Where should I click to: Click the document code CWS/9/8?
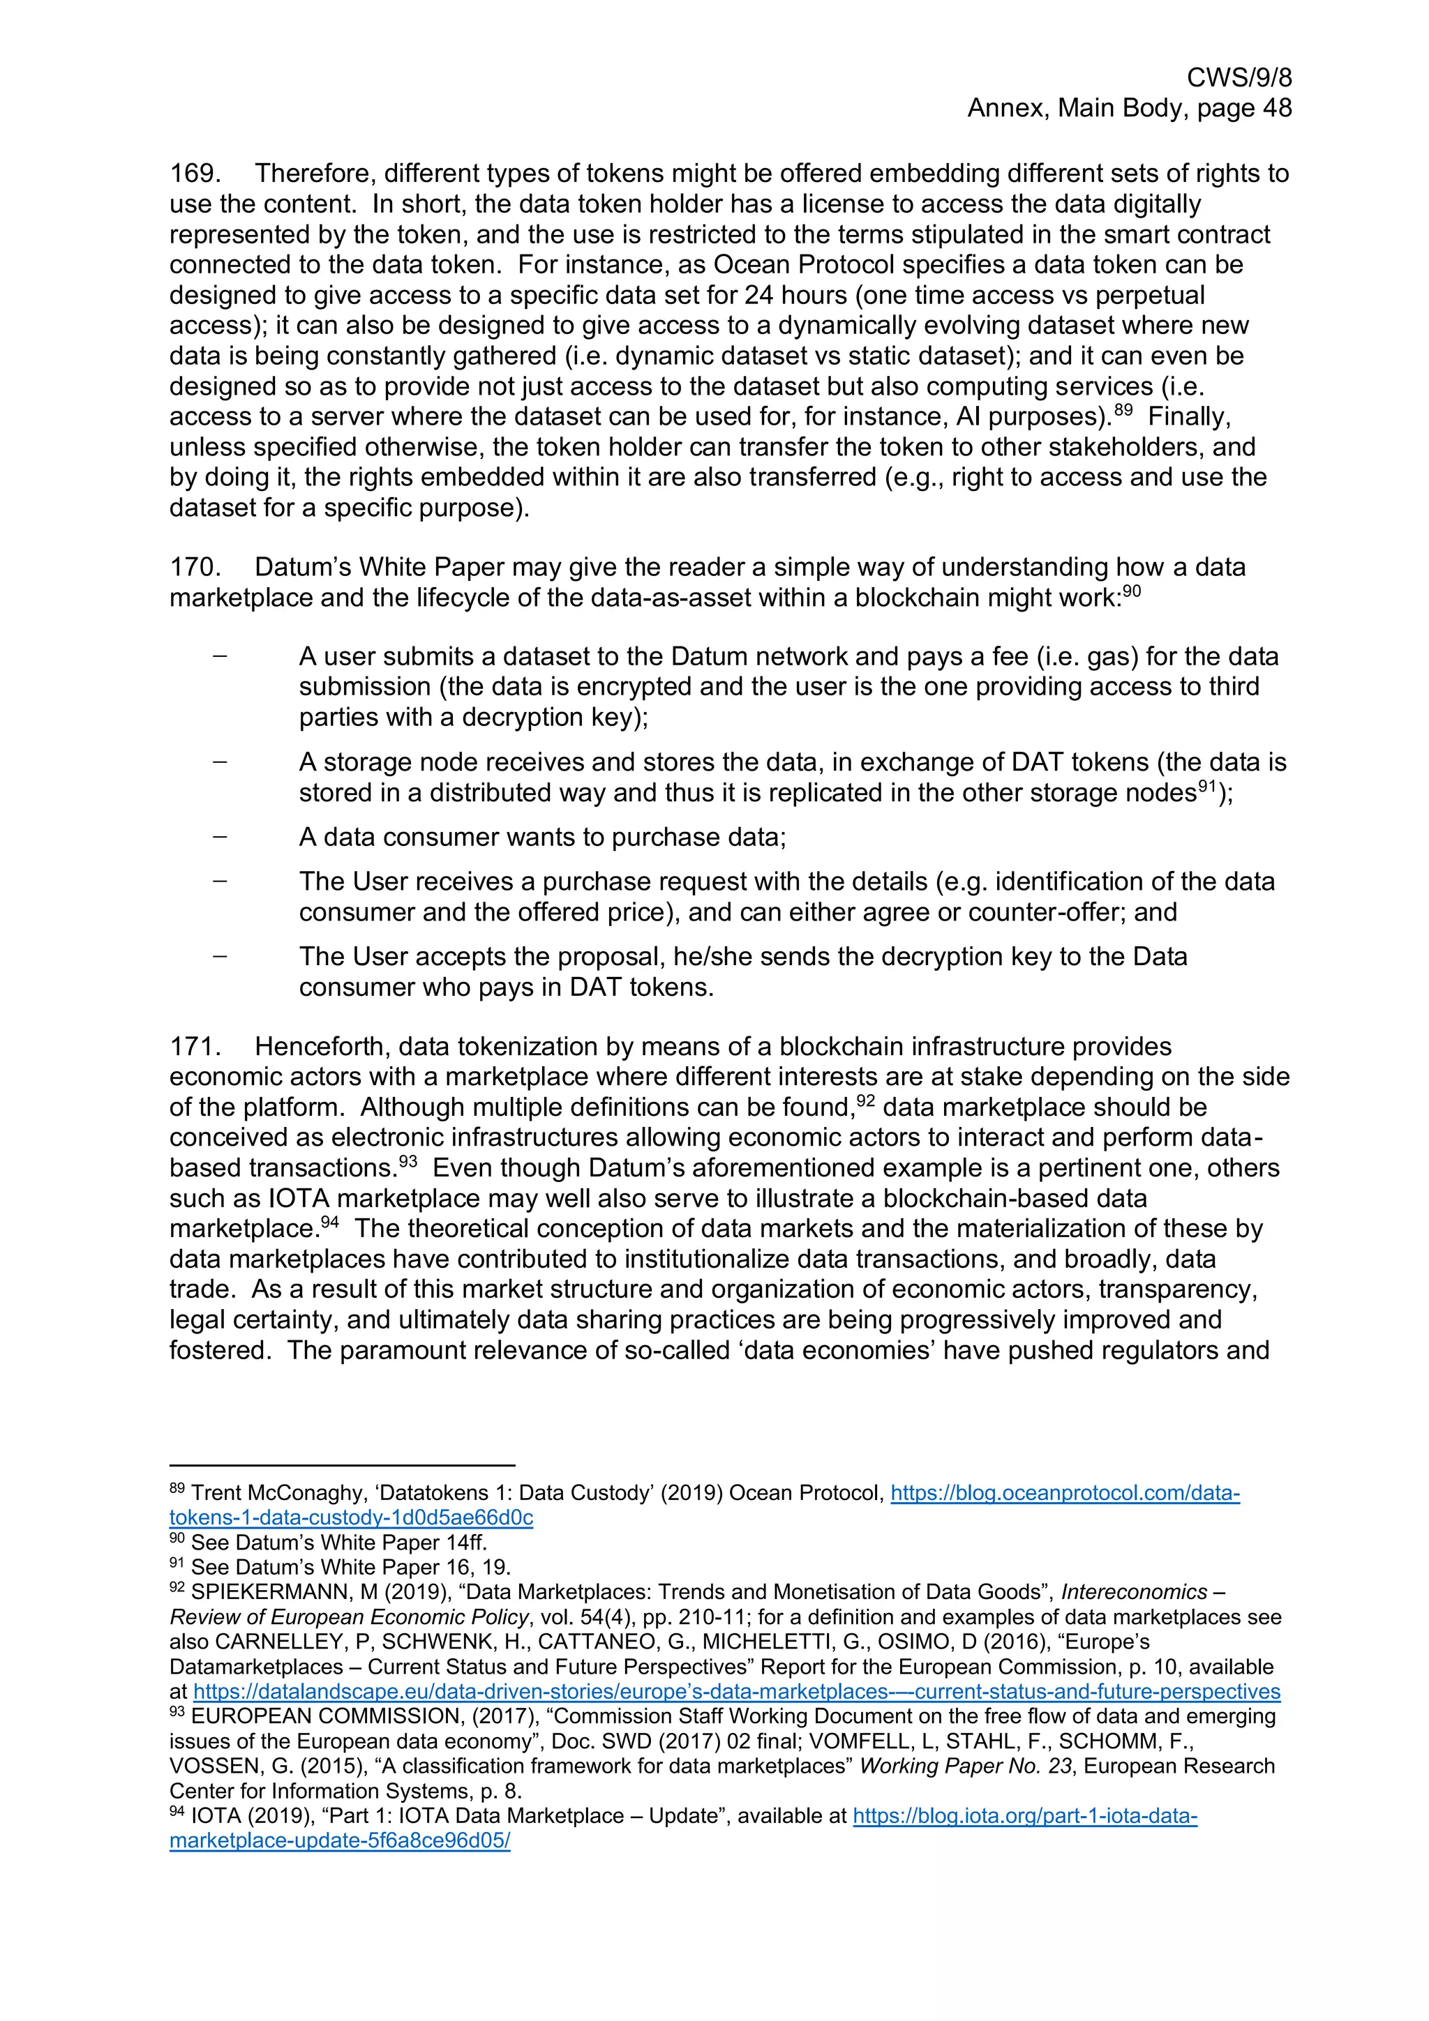[x=1238, y=78]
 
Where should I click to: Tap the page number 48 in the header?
[x=1275, y=108]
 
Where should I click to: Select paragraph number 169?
[x=194, y=174]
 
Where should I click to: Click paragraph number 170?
[x=194, y=567]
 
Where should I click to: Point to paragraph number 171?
[x=194, y=1047]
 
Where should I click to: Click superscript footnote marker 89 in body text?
[x=1123, y=410]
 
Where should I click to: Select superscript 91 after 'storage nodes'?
[x=1207, y=787]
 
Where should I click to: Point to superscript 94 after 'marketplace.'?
[x=329, y=1222]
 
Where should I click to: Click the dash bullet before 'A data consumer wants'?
[x=219, y=835]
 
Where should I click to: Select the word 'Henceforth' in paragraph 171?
[x=323, y=1047]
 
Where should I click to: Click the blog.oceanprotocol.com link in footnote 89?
[x=1065, y=1493]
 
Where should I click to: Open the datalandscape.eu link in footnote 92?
[x=736, y=1691]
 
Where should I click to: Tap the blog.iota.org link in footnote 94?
[x=1025, y=1815]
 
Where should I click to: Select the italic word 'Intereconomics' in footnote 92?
[x=1134, y=1591]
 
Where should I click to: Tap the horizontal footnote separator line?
[x=342, y=1466]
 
